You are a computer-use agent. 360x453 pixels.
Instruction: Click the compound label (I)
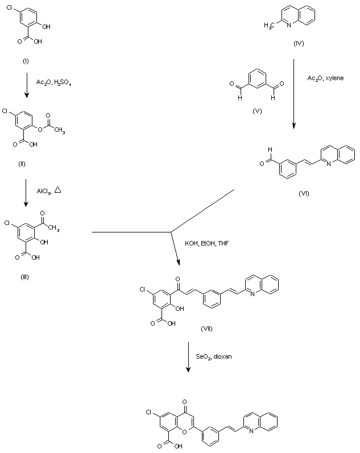[x=26, y=61]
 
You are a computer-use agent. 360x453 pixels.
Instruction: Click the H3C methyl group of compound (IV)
[x=271, y=25]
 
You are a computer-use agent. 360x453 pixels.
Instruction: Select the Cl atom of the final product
[x=148, y=411]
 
